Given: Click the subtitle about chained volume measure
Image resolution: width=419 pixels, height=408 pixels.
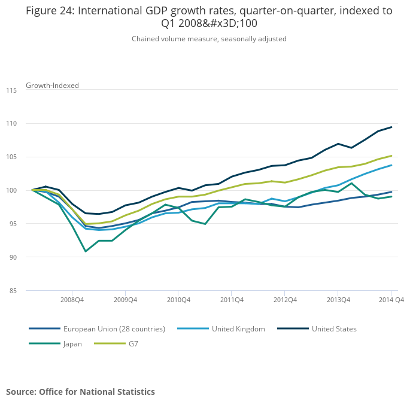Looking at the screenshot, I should click(209, 39).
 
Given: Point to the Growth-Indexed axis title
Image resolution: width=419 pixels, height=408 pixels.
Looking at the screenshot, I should click(52, 86).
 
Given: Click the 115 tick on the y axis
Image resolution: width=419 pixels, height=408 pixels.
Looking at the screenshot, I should click(11, 90).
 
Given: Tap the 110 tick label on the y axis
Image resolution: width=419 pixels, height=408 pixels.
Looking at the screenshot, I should click(11, 124).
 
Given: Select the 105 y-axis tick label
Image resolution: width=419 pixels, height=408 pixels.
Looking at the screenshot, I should click(11, 157).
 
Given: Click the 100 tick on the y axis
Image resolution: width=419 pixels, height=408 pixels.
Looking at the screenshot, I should click(11, 191).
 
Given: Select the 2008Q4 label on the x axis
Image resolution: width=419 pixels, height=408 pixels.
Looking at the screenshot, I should click(72, 300).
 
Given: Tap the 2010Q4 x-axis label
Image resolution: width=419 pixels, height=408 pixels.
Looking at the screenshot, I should click(178, 300).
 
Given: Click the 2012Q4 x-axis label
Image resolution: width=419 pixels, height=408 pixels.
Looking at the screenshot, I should click(285, 300).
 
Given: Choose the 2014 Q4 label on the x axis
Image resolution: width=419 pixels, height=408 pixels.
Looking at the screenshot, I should click(392, 300).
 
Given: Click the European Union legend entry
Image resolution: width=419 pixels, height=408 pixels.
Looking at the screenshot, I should click(114, 329).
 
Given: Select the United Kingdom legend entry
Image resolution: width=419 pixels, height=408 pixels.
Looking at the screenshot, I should click(238, 329).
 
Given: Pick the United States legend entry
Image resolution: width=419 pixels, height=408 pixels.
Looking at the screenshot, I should click(333, 329).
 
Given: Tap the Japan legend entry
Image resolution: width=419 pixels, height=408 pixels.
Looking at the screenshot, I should click(72, 344).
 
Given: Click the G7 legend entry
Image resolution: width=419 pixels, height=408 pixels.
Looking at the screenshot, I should click(133, 344).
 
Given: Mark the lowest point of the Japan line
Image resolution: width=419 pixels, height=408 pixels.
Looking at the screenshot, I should click(86, 251).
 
